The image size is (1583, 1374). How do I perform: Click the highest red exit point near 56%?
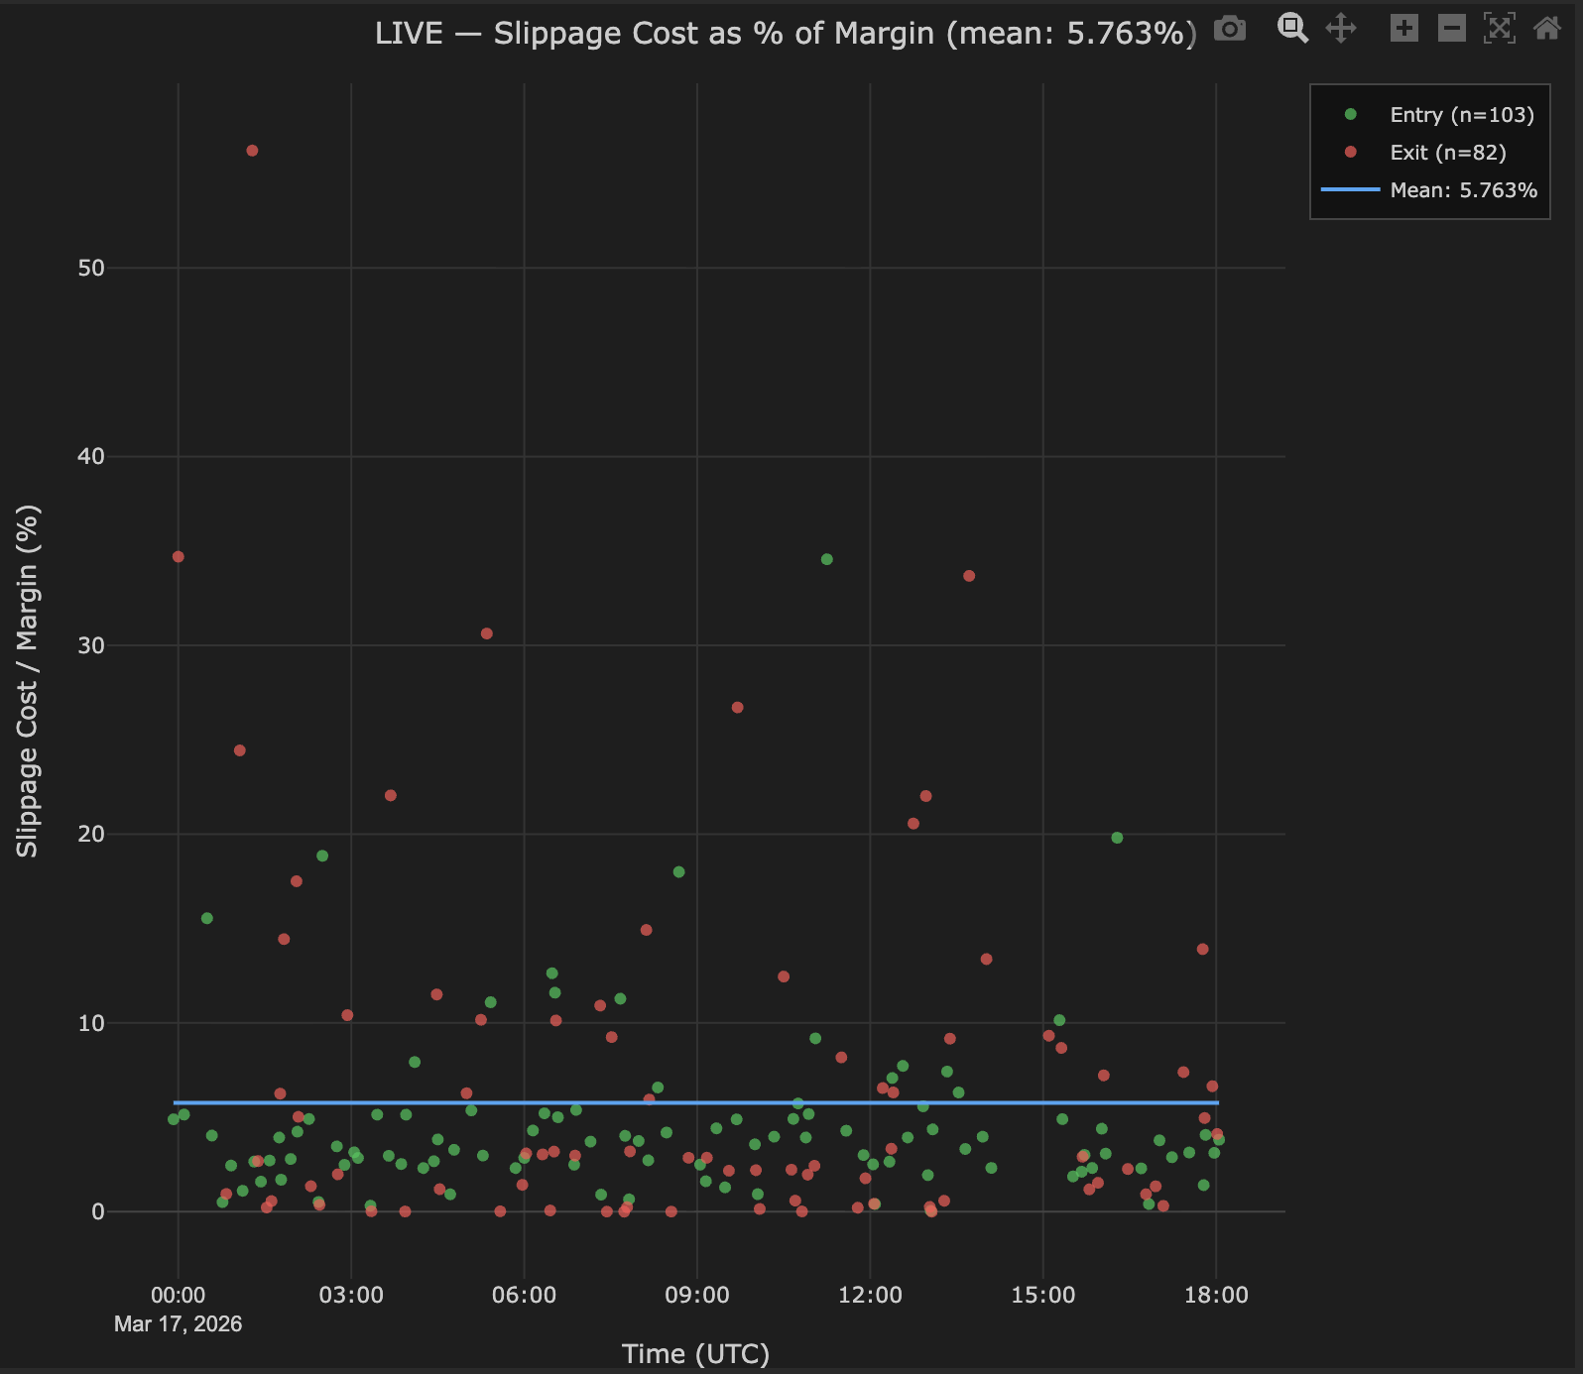[252, 151]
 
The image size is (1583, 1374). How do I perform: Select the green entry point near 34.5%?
[827, 559]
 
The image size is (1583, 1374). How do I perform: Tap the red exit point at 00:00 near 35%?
[179, 557]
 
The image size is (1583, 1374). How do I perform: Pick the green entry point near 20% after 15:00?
[1117, 838]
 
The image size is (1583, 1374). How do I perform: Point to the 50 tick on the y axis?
[91, 268]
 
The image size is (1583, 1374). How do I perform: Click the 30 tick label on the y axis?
[91, 645]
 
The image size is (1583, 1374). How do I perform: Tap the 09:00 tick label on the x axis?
[697, 1295]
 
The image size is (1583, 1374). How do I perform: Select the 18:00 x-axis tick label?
[1216, 1295]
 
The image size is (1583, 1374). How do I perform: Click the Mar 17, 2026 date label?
[179, 1324]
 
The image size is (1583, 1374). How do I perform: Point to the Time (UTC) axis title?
[695, 1354]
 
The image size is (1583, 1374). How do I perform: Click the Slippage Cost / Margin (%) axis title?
[27, 681]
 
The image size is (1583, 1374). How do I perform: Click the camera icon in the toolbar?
[1230, 29]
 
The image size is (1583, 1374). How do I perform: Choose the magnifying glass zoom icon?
[1292, 28]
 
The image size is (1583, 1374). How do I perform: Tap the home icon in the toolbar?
[1547, 28]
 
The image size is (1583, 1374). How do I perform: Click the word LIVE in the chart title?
[409, 34]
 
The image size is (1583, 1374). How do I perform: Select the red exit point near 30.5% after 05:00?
[487, 633]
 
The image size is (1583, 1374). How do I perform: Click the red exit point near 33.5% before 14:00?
[969, 576]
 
